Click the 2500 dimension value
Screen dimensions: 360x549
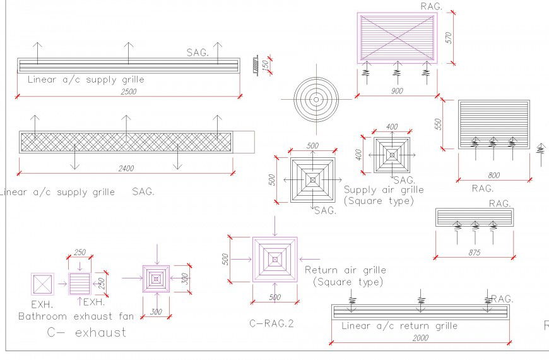tap(129, 92)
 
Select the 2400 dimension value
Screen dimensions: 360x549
tap(126, 169)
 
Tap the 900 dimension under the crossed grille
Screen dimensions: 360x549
tap(397, 92)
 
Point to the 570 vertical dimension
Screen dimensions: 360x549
tap(449, 37)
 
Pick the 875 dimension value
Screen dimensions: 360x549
tap(475, 253)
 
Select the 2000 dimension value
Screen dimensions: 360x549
tap(420, 339)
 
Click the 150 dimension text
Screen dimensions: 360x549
tap(266, 64)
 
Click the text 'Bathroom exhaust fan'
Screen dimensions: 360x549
tap(76, 316)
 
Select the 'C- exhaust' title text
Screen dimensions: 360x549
tap(86, 332)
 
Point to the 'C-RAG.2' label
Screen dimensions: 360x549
tap(271, 324)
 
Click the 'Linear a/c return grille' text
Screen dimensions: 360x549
tap(399, 326)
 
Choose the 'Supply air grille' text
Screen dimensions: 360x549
tap(384, 189)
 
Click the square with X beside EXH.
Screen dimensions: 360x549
tap(42, 284)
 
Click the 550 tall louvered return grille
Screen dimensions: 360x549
tap(493, 124)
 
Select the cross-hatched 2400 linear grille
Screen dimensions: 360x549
tap(126, 141)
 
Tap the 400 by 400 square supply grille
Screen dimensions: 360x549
tap(392, 154)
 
